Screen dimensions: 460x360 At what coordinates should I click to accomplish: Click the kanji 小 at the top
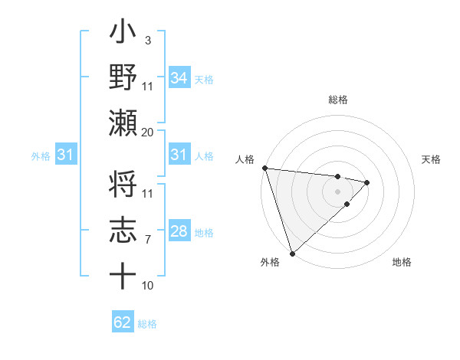(123, 34)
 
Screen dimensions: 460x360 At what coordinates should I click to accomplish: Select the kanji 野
(123, 77)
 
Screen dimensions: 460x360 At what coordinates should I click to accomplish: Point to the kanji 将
(123, 188)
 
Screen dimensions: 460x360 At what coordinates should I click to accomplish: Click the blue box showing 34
(179, 77)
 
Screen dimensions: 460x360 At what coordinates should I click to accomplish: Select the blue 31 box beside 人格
(179, 155)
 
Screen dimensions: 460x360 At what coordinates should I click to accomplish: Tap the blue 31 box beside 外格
(65, 155)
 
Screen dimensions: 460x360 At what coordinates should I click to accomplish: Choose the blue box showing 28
(179, 231)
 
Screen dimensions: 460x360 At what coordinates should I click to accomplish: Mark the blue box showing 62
(123, 322)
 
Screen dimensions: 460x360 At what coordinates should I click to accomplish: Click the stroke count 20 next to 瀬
(148, 132)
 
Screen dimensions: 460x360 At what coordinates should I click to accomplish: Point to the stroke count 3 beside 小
(148, 40)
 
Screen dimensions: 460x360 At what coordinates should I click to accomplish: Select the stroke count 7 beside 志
(148, 240)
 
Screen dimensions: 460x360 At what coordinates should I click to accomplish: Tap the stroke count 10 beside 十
(148, 286)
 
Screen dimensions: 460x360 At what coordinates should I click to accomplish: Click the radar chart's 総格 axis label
(338, 100)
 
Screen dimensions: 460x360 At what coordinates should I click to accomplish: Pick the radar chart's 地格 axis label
(402, 263)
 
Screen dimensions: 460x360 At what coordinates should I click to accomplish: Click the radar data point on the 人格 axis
(264, 168)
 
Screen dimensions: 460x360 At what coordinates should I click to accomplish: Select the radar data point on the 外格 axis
(292, 252)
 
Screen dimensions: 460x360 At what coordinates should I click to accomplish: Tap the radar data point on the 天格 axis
(367, 182)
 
